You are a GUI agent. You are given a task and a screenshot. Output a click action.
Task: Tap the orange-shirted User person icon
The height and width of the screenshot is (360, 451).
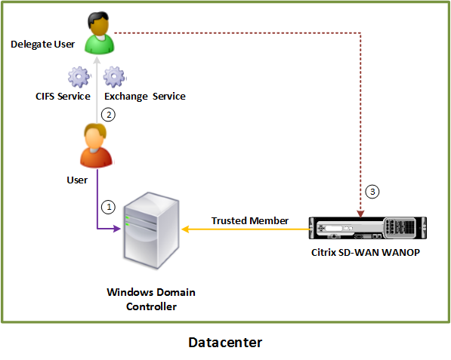(96, 146)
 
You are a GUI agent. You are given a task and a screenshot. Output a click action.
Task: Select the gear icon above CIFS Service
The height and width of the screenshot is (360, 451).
(79, 77)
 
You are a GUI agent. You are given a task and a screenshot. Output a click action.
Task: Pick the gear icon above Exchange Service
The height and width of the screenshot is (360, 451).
(115, 77)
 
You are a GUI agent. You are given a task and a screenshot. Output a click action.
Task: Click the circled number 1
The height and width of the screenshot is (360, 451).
(109, 207)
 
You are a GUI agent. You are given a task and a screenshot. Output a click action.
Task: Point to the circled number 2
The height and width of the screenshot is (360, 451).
(109, 115)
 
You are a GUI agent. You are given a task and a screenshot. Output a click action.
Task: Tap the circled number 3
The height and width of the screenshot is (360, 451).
(372, 192)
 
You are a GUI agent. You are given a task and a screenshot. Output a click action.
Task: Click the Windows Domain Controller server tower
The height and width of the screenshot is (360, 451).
(152, 230)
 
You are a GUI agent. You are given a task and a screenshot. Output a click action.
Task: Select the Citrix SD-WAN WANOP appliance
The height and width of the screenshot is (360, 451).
(368, 228)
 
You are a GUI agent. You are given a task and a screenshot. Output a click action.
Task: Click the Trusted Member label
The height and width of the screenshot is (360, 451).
(249, 220)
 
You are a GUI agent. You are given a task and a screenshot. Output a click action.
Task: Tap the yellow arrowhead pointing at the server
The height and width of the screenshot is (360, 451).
(186, 229)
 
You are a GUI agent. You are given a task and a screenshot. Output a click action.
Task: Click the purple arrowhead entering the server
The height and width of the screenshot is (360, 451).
(117, 229)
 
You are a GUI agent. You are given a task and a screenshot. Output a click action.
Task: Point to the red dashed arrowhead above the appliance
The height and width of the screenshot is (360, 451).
(360, 214)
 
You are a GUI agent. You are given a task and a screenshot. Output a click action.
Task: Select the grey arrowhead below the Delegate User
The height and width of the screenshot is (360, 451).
(97, 60)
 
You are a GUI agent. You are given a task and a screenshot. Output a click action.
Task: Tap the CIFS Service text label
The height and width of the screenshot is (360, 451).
(63, 97)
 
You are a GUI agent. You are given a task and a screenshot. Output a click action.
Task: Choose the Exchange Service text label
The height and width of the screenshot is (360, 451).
(145, 97)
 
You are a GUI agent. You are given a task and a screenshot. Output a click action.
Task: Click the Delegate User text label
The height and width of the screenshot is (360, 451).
(42, 45)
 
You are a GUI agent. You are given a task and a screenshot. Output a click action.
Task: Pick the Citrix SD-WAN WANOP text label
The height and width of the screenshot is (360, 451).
(366, 252)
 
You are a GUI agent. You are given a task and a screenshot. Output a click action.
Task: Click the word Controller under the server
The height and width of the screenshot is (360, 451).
(151, 306)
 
